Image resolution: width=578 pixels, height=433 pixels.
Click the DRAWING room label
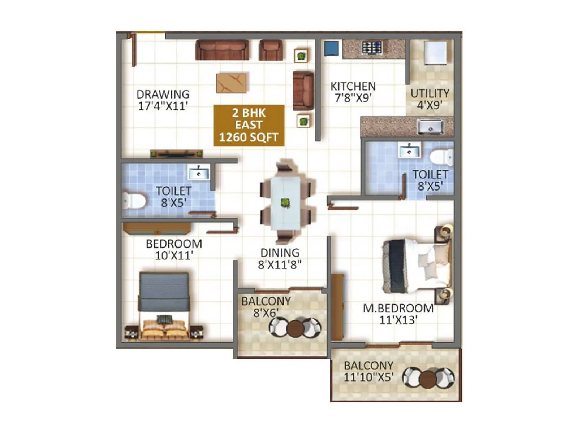pyautogui.click(x=163, y=95)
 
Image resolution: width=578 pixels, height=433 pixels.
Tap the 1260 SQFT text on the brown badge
pyautogui.click(x=249, y=137)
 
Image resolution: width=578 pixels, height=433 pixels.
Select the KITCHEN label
pyautogui.click(x=353, y=87)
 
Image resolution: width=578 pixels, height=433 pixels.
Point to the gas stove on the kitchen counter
pyautogui.click(x=372, y=48)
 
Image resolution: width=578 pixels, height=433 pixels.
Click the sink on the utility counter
pyautogui.click(x=430, y=127)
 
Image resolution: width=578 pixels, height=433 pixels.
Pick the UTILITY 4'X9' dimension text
pyautogui.click(x=430, y=105)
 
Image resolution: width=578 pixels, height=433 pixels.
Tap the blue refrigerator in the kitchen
pyautogui.click(x=331, y=48)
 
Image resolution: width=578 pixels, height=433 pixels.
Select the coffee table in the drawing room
pyautogui.click(x=232, y=83)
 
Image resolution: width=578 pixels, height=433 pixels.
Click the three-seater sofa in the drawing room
pyautogui.click(x=222, y=50)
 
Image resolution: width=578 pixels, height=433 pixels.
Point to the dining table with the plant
pyautogui.click(x=285, y=203)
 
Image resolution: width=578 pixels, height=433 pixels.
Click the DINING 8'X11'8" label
pyautogui.click(x=280, y=259)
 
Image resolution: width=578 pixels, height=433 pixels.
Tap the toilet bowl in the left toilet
pyautogui.click(x=134, y=201)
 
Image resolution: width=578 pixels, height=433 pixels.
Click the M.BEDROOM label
pyautogui.click(x=398, y=309)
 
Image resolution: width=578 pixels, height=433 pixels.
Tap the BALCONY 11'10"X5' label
pyautogui.click(x=368, y=371)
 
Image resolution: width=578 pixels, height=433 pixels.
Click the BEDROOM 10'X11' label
pyautogui.click(x=174, y=249)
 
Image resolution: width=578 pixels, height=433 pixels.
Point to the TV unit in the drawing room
pyautogui.click(x=176, y=154)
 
